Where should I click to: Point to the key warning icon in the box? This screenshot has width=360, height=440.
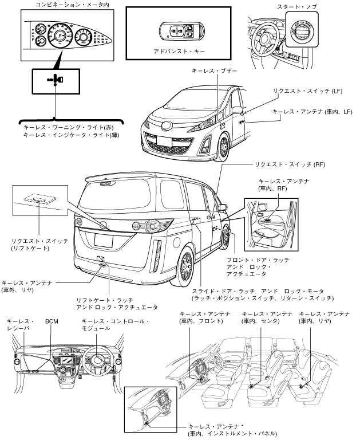[x=53, y=80]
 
